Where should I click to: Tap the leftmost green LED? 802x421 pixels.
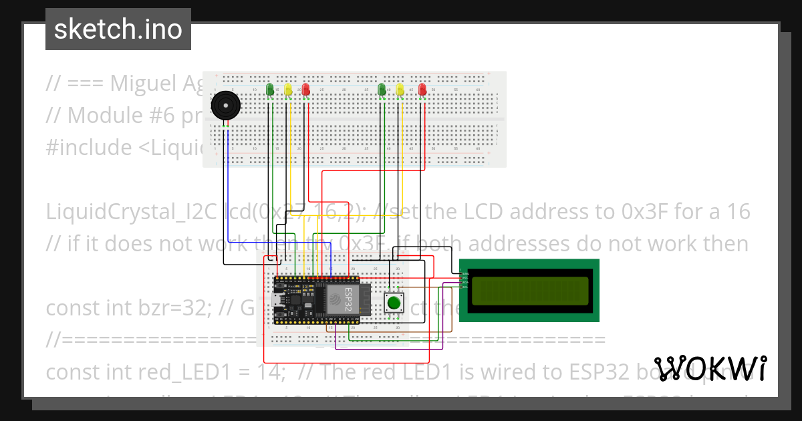pyautogui.click(x=269, y=90)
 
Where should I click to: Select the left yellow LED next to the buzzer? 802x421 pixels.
pyautogui.click(x=288, y=90)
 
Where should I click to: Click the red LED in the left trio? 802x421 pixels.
pyautogui.click(x=306, y=90)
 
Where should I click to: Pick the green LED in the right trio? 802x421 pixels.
pyautogui.click(x=382, y=90)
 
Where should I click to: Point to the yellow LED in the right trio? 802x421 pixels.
pyautogui.click(x=400, y=90)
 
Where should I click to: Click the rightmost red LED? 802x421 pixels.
pyautogui.click(x=422, y=90)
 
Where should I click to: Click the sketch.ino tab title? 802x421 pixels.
pyautogui.click(x=118, y=29)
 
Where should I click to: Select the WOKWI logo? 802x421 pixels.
pyautogui.click(x=710, y=368)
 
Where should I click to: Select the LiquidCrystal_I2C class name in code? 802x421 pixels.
pyautogui.click(x=131, y=212)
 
